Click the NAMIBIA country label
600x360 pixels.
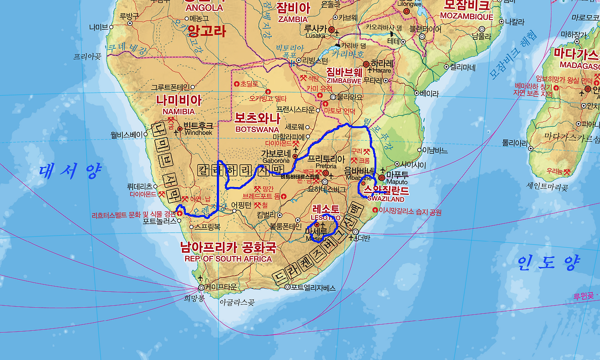(179, 112)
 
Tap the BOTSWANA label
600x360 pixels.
(257, 129)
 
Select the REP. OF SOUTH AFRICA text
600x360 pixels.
(228, 259)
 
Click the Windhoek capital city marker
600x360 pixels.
(180, 129)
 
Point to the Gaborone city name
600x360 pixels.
(276, 160)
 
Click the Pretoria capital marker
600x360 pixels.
(326, 173)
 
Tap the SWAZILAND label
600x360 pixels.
(386, 199)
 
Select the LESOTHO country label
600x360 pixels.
(326, 217)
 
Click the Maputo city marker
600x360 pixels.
(382, 178)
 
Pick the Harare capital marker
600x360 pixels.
(366, 64)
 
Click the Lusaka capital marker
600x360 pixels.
(332, 30)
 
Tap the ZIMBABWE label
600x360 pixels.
(344, 81)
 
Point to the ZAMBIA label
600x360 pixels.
(293, 19)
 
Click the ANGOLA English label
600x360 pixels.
(204, 8)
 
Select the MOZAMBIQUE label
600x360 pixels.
(466, 16)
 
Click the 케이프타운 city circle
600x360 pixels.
(202, 287)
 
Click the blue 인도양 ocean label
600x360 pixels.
(548, 263)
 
